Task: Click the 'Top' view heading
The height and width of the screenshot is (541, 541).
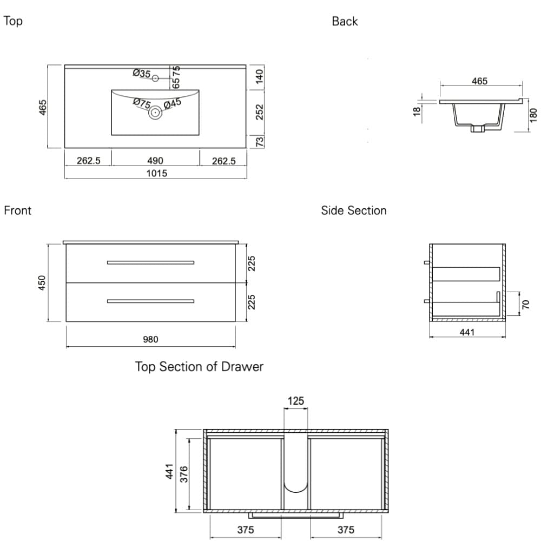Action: [13, 22]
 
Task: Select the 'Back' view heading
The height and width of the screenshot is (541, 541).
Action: [345, 22]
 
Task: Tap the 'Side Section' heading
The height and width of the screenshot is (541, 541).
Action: [354, 210]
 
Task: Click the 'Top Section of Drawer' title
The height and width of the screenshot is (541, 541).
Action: [199, 367]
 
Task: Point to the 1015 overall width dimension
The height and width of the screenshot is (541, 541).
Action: [156, 174]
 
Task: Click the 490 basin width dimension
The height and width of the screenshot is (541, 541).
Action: [155, 161]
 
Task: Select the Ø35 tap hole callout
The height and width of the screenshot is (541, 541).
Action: [142, 73]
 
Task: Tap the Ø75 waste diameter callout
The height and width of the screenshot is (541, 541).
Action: [142, 102]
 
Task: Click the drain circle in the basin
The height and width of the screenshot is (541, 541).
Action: [155, 113]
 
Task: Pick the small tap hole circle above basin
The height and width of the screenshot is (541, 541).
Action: [155, 78]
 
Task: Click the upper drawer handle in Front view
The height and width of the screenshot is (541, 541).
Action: [150, 262]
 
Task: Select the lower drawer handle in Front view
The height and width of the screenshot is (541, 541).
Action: [150, 301]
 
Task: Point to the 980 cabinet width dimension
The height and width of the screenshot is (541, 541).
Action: [150, 340]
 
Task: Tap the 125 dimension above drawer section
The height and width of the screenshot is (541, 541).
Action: [295, 401]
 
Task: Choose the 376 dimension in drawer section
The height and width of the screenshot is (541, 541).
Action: [183, 474]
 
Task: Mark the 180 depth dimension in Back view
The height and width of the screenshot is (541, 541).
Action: [533, 115]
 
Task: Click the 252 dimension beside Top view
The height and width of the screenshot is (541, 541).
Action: [259, 112]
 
